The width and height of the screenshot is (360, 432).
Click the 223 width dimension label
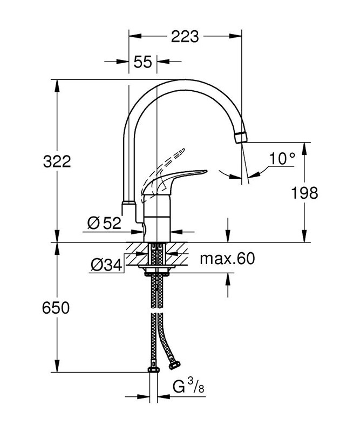[x=185, y=37]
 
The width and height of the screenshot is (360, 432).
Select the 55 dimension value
[x=142, y=62]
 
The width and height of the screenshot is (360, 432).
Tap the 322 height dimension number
[x=57, y=161]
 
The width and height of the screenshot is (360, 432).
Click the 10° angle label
[x=282, y=158]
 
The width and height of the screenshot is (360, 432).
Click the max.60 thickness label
[x=227, y=259]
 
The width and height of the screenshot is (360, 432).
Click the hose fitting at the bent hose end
[x=174, y=365]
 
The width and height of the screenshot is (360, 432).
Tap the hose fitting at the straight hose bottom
[x=153, y=369]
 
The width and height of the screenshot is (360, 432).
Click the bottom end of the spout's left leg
[x=128, y=207]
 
